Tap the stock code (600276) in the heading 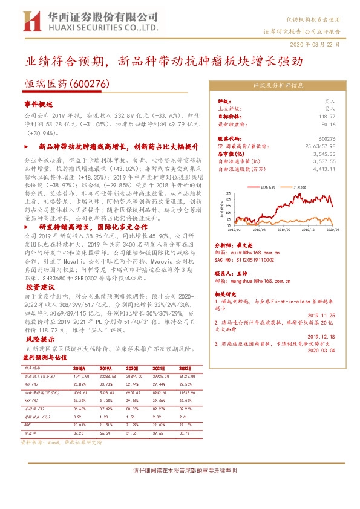89,86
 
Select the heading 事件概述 39,104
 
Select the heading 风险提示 38,341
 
